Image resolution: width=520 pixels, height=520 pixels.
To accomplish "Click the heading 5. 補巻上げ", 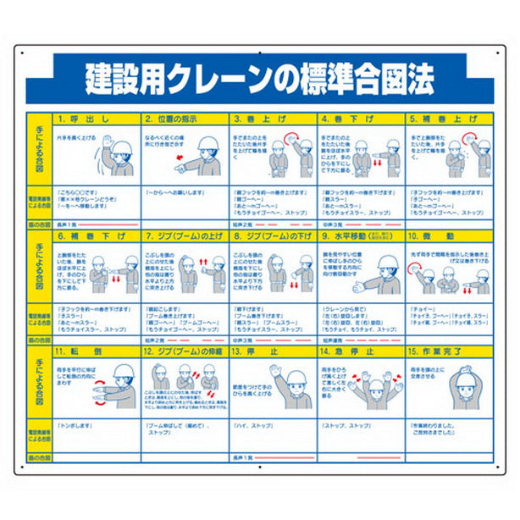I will tap(438, 119).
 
